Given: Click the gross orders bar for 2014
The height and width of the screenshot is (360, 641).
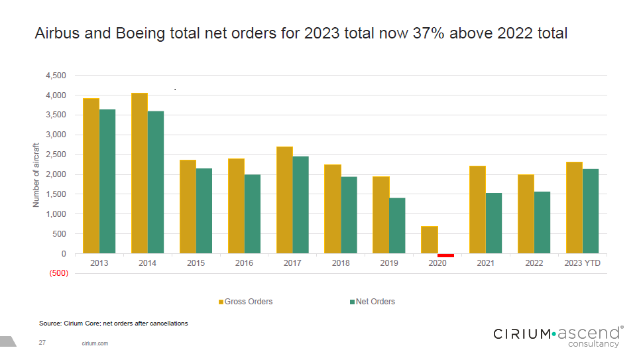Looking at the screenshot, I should click(139, 173).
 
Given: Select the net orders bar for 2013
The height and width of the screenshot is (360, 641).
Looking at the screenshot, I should click(107, 181).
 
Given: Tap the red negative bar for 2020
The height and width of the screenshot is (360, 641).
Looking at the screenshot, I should click(445, 255).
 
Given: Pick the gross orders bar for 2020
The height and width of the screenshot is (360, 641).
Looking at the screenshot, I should click(430, 240).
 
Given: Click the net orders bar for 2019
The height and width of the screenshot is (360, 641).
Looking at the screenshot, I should click(397, 225).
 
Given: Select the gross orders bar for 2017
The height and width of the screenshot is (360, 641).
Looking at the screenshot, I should click(284, 200).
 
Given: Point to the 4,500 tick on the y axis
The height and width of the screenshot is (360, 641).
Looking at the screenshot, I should click(56, 76).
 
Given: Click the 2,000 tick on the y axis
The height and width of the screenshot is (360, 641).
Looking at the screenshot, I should click(56, 174).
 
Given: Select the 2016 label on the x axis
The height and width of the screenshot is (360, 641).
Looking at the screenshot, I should click(244, 263).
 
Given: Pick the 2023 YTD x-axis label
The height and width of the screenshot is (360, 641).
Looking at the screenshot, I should click(583, 263).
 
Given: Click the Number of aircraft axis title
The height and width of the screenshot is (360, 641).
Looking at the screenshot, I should click(36, 175).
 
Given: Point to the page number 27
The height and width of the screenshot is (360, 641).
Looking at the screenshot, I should click(42, 343).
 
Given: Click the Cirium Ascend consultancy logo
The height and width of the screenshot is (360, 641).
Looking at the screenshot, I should click(557, 335).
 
